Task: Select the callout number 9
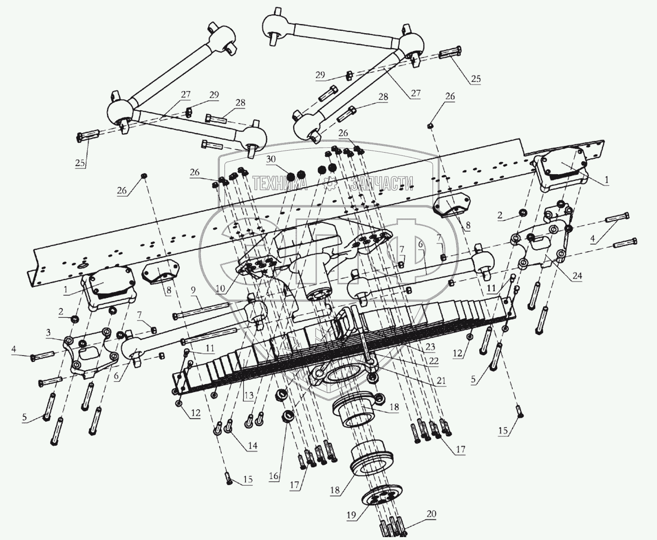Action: [x=193, y=290]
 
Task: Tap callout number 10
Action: [x=221, y=288]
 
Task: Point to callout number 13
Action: [x=249, y=396]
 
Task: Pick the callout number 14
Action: [x=252, y=446]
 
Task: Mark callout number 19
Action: [x=351, y=515]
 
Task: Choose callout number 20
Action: [x=431, y=514]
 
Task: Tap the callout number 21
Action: [x=440, y=381]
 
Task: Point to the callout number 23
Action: [x=430, y=347]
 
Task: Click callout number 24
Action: [x=577, y=276]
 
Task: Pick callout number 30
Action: [x=271, y=159]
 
